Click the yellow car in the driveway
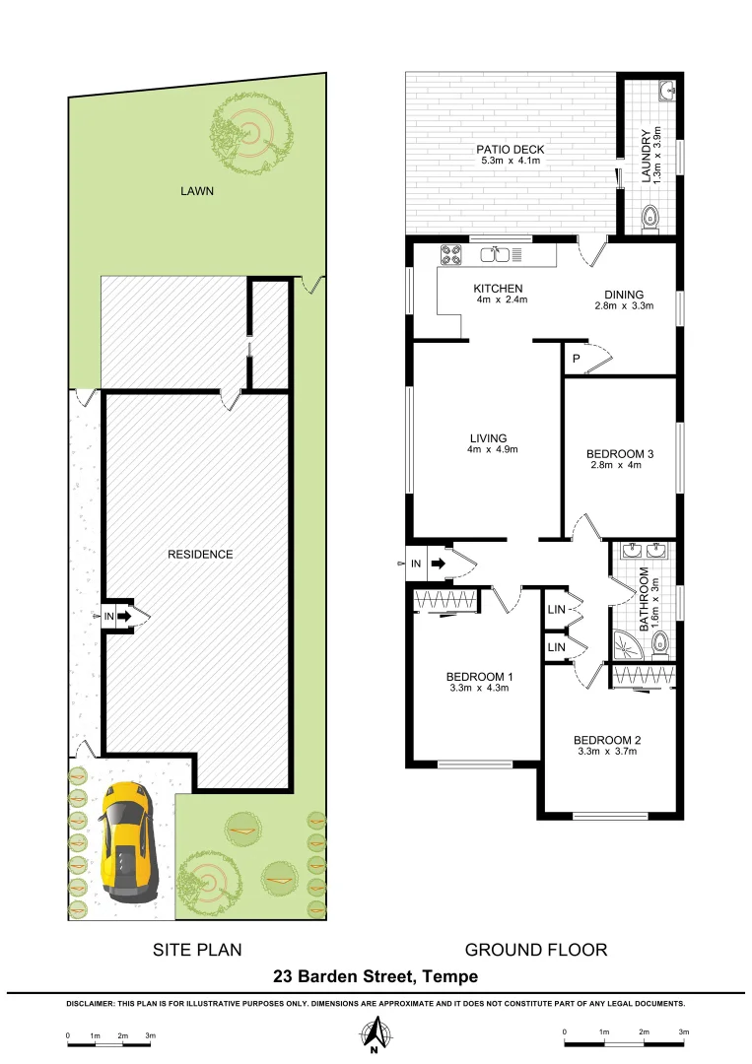click(125, 840)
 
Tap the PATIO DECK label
click(512, 150)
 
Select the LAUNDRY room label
click(647, 156)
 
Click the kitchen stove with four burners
click(450, 254)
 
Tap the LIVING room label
click(488, 438)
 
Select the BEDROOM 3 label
click(621, 453)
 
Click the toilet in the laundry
click(649, 218)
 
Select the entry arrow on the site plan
click(123, 617)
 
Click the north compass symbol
click(375, 1034)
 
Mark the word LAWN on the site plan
click(196, 192)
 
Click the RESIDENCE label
click(200, 554)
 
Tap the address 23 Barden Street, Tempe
click(376, 976)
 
